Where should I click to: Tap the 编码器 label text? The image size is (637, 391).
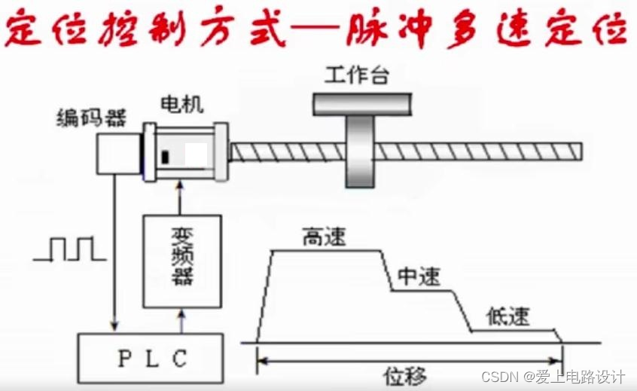(91, 118)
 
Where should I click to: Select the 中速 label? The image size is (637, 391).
(418, 277)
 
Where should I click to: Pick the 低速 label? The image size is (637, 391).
(507, 316)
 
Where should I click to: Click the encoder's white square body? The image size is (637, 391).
(117, 153)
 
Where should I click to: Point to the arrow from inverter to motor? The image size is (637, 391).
(181, 198)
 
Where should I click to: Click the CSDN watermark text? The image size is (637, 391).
(553, 375)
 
